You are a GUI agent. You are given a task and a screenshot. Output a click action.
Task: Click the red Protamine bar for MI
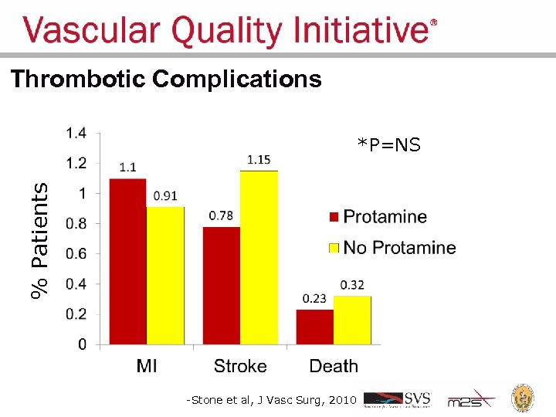(x=127, y=261)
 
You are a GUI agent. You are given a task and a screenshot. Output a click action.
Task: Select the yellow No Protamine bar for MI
(x=165, y=275)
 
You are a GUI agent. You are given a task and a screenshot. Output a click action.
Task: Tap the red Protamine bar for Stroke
(x=221, y=285)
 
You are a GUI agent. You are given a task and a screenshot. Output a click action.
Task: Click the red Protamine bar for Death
(x=315, y=327)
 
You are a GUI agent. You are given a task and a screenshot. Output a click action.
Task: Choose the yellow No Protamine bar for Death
(x=352, y=320)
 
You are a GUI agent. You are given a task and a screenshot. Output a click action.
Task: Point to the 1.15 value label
(x=259, y=160)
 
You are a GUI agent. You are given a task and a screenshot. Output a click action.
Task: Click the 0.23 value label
(x=314, y=299)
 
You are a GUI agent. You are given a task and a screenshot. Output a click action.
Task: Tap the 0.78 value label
(x=221, y=215)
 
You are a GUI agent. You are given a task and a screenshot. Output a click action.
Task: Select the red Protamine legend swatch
(x=334, y=217)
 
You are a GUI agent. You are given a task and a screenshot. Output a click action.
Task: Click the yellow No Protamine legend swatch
(x=334, y=248)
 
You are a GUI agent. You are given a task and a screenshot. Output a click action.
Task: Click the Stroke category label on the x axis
(x=240, y=366)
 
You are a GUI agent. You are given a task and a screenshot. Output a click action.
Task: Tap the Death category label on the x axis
(x=334, y=366)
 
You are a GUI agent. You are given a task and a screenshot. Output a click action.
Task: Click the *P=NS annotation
(x=388, y=145)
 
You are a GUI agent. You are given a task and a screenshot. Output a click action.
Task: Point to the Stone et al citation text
(x=270, y=400)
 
